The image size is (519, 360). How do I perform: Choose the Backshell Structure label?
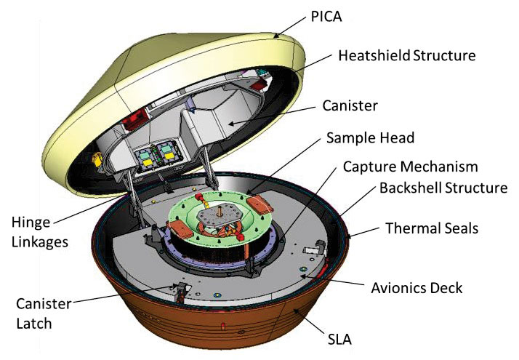443,189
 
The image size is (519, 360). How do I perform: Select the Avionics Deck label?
419,288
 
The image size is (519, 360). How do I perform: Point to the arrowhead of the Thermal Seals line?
352,237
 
